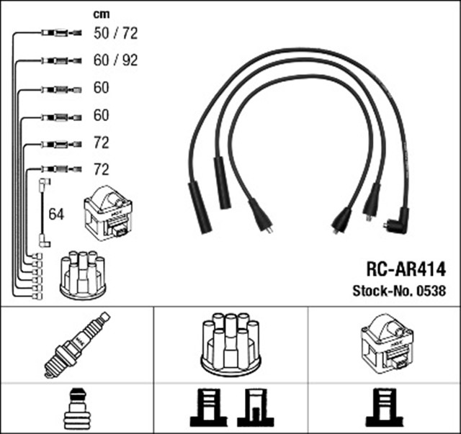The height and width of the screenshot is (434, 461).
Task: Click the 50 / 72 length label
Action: (x=115, y=32)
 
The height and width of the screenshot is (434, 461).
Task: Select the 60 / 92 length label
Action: (x=115, y=60)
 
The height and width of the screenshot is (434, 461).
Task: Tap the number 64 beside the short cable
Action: (x=56, y=214)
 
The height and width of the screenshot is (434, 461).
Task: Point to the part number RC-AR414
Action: (x=406, y=270)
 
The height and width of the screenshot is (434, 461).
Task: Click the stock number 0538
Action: (x=431, y=291)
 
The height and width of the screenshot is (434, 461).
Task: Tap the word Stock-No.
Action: (x=382, y=291)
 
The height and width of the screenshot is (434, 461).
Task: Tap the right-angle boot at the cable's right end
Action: (x=396, y=218)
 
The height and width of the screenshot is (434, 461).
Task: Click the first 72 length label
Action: (x=102, y=143)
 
